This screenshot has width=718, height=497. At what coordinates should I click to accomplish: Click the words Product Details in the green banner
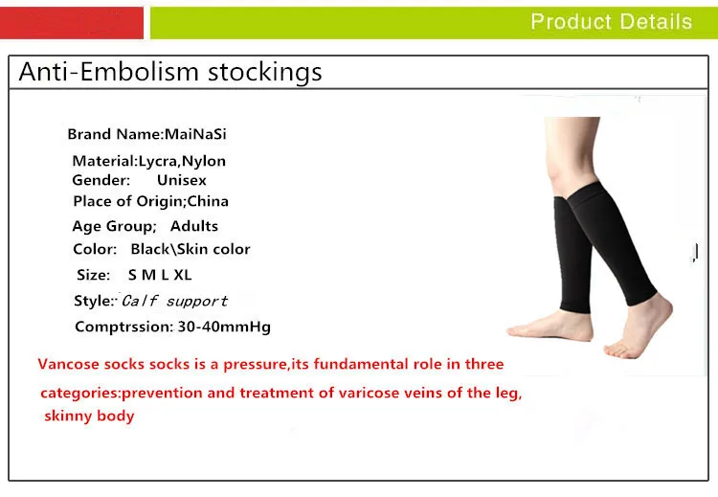[612, 21]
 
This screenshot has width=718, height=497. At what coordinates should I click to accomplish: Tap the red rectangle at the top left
[72, 23]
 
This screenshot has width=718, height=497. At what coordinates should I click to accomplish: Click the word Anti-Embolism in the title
[109, 72]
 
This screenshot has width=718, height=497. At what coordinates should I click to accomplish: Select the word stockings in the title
[264, 73]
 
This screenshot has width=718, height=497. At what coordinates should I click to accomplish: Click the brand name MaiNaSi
[195, 134]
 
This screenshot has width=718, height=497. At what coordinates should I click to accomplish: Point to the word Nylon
[204, 161]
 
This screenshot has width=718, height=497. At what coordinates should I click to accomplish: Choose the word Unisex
[182, 180]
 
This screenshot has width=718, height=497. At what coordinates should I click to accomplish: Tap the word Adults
[194, 226]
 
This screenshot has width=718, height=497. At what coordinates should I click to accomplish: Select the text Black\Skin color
[191, 249]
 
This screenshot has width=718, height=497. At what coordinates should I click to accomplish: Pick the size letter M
[148, 275]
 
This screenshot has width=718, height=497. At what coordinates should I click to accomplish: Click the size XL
[182, 275]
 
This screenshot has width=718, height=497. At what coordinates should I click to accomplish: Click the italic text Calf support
[174, 301]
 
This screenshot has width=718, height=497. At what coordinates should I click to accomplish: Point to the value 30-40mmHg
[224, 327]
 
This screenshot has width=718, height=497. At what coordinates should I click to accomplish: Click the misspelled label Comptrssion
[124, 327]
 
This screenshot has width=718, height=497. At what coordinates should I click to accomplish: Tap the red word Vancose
[68, 364]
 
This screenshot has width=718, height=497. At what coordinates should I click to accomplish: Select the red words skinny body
[89, 416]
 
